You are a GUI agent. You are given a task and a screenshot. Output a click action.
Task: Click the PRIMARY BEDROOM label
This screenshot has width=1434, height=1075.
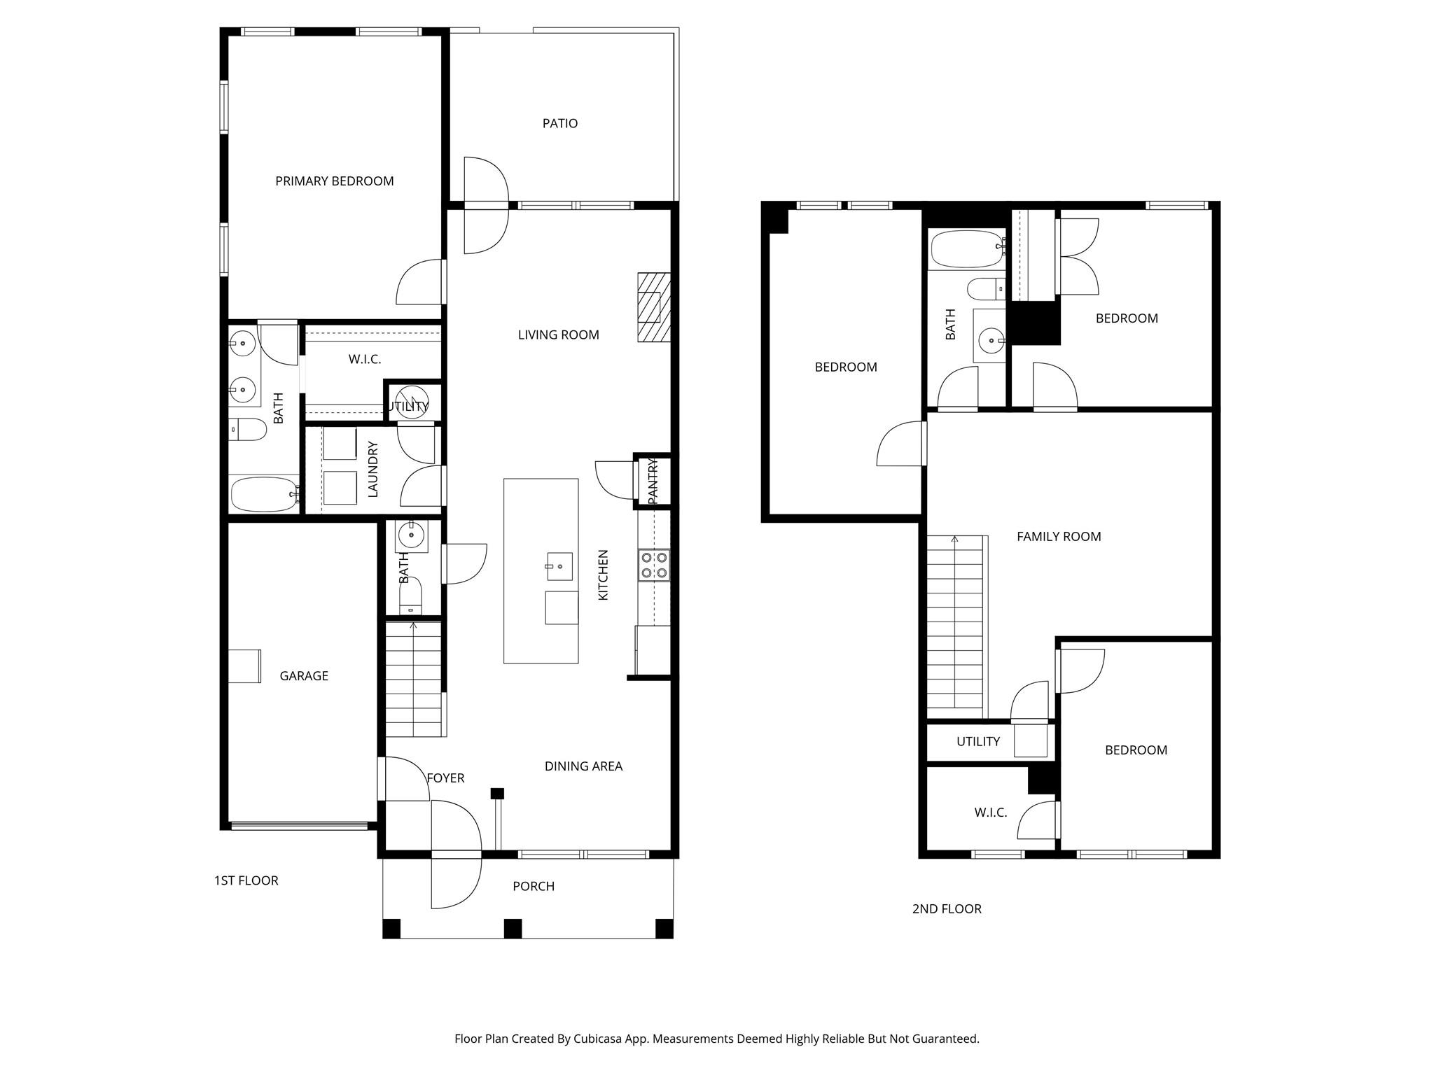tap(335, 181)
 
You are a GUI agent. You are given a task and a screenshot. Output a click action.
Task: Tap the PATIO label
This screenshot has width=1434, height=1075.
tap(560, 123)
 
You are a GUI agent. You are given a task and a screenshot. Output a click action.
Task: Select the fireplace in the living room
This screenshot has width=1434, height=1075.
tap(654, 307)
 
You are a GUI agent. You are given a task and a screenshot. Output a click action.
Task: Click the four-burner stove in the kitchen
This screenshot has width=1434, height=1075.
tap(654, 565)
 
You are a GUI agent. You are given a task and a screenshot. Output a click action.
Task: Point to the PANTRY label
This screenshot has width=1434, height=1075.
tap(653, 481)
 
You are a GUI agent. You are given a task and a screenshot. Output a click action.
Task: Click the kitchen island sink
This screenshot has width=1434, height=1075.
tap(559, 567)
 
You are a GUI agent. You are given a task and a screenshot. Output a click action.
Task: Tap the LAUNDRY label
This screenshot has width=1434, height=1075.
tap(373, 469)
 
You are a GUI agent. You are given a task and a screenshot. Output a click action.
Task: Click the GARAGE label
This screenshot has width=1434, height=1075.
tap(304, 676)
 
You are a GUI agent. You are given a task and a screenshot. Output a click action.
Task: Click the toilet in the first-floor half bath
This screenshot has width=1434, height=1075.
tap(411, 596)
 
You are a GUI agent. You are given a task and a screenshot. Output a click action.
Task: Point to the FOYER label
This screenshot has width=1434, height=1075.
tap(445, 778)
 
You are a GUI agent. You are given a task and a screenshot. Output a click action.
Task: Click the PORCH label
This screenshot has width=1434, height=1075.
tap(534, 887)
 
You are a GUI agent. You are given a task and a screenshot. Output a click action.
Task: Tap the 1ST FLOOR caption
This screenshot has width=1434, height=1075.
tap(246, 880)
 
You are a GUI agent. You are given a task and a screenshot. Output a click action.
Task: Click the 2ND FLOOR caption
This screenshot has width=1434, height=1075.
tap(947, 909)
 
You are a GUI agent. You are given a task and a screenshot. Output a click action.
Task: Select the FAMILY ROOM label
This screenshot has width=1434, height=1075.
tap(1059, 537)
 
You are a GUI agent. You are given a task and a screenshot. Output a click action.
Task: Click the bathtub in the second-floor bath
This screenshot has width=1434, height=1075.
tap(968, 250)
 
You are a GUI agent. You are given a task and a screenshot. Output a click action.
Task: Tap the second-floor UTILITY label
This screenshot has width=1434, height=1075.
tap(978, 742)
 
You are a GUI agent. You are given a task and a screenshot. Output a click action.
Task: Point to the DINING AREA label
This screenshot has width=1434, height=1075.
tap(584, 766)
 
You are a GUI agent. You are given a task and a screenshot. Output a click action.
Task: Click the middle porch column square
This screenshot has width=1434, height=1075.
tap(513, 929)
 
